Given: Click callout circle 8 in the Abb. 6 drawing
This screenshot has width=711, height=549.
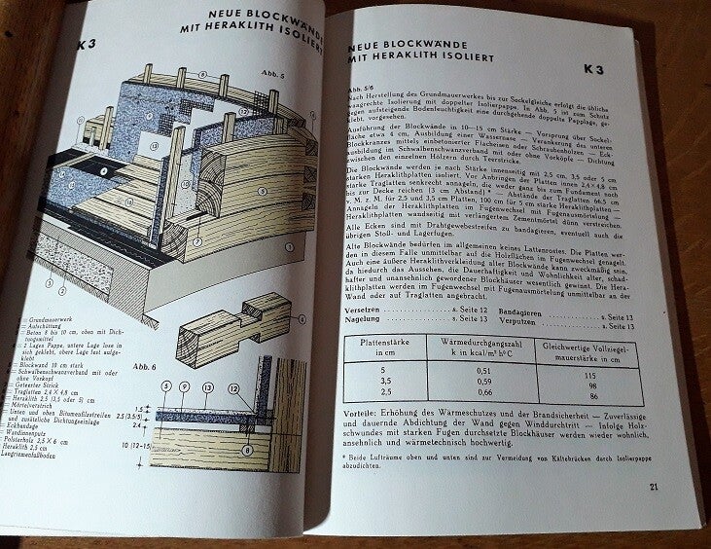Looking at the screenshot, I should [x=245, y=449].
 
